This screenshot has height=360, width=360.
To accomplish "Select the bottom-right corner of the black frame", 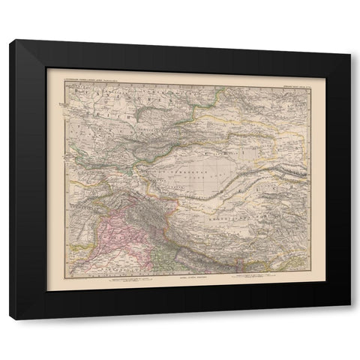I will point(349,307).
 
